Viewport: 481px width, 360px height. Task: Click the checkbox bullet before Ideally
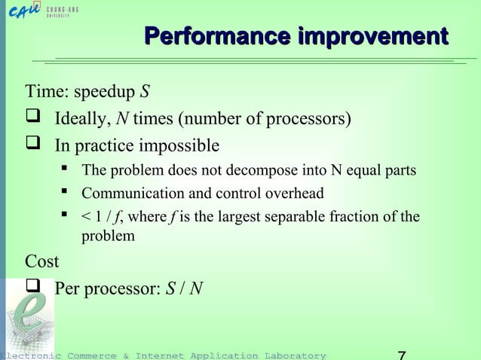(x=38, y=118)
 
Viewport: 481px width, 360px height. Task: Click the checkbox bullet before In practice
(x=38, y=144)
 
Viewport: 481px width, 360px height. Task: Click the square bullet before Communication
(x=65, y=193)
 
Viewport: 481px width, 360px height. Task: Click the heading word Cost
(x=42, y=261)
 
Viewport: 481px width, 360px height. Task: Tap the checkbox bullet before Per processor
(x=38, y=288)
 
